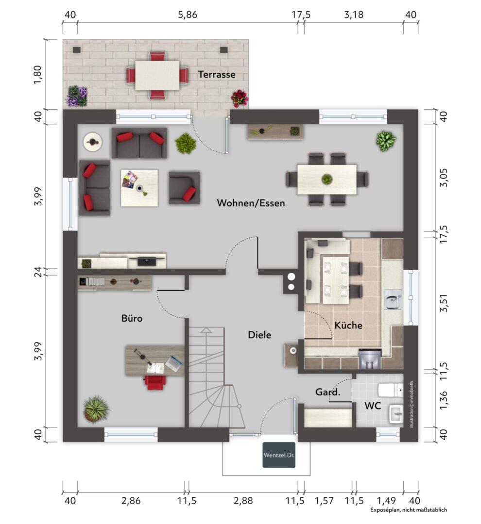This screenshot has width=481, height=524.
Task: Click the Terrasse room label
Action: pos(217,74)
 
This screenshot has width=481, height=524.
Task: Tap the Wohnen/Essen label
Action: pos(251,203)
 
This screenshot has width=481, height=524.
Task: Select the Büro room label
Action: pos(132,318)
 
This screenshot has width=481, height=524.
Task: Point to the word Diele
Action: pos(259,335)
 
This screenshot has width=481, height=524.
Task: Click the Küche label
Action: pos(348,325)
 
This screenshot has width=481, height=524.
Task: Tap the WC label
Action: pos(373,406)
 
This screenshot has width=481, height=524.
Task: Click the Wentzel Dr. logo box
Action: pos(279,455)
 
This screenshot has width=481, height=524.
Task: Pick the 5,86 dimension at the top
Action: pos(188,15)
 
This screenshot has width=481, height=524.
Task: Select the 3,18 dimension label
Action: pos(354,15)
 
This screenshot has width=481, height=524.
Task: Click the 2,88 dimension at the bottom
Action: pos(243,501)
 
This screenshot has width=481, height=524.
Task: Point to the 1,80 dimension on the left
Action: pos(38,75)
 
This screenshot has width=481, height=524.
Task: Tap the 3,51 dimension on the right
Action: pos(444,303)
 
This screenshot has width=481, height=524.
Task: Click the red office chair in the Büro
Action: pos(155,382)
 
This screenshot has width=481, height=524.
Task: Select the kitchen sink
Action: pos(393,299)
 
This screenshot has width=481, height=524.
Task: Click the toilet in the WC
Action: pos(390,390)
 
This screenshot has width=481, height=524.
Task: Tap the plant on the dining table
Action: pos(326,179)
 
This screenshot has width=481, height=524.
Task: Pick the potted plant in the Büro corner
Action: pos(96,409)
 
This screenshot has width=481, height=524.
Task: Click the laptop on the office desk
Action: pos(174,363)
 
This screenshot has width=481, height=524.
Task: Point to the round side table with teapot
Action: pos(93,142)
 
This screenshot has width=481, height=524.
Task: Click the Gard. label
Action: pos(327,392)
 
